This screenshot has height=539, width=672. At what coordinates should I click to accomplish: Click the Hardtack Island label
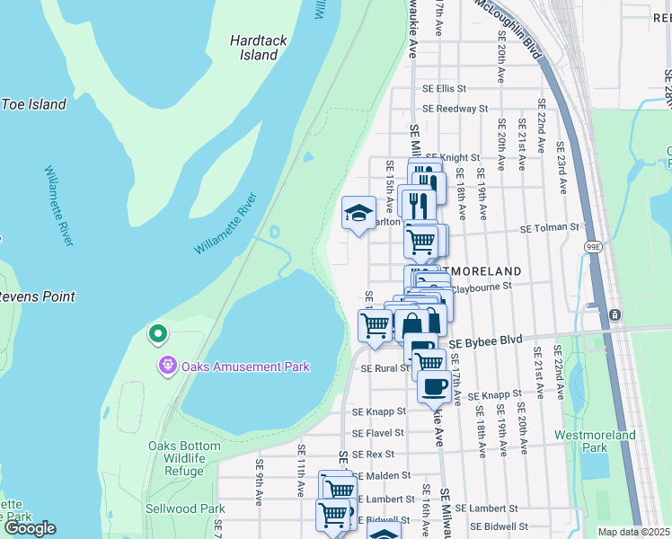coord(253,48)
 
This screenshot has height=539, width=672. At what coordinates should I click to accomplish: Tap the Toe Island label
coord(33,104)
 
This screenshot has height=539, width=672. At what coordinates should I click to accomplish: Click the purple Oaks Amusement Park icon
coord(165,366)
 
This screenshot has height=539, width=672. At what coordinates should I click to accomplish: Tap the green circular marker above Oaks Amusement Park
coord(158,335)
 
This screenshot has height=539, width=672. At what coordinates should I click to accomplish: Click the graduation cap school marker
coord(358,214)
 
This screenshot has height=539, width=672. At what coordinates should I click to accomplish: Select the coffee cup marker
coord(433,386)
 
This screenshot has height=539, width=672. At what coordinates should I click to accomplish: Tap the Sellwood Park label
coord(185,508)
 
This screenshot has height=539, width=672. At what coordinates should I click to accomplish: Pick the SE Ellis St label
coord(445,89)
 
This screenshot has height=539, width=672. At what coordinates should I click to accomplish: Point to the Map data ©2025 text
coord(633,532)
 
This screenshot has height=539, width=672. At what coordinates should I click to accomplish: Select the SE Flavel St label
coord(379,432)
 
